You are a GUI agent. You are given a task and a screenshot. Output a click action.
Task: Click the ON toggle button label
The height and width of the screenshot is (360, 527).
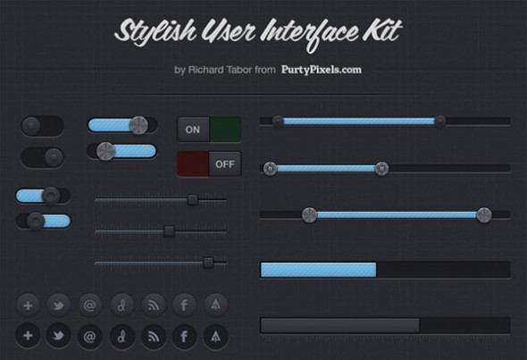pos(193,130)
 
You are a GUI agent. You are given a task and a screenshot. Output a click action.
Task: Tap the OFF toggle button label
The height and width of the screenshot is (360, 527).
pos(225,164)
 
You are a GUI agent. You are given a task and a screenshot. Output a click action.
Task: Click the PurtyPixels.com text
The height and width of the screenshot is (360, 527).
pos(322,70)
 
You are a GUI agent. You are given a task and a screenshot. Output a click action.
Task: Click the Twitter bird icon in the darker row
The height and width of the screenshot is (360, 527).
pos(58,336)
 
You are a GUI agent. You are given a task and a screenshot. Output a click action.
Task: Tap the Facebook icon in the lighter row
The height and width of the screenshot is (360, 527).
pos(184,306)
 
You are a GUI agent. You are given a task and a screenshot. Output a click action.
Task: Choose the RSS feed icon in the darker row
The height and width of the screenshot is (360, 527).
pos(154,336)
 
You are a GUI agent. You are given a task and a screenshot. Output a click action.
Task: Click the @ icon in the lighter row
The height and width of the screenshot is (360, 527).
pos(89,306)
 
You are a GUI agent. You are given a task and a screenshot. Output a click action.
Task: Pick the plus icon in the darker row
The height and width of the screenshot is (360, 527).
pos(28,336)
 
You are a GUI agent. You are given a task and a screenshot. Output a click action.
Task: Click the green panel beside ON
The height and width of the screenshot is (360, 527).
pos(225,130)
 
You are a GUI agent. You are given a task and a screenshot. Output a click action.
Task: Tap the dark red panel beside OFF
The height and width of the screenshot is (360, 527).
pos(193,163)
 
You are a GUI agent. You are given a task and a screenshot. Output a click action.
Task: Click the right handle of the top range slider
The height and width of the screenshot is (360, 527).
pos(439,121)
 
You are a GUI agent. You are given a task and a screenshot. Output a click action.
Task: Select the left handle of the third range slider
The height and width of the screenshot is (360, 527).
pos(309,215)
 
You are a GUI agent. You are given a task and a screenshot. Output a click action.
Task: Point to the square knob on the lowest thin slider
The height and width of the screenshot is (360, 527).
pos(208,263)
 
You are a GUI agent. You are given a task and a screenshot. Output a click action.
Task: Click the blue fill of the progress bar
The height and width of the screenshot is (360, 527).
pos(319,270)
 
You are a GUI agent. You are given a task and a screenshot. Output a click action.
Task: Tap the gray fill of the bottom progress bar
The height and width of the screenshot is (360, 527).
pos(340,326)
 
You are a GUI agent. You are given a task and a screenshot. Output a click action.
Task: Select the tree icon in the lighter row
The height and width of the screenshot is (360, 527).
pos(216,305)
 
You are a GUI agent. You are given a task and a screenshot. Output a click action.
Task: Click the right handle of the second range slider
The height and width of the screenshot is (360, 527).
pos(381,169)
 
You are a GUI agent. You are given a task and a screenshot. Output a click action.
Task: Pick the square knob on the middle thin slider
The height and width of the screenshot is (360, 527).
pos(169,231)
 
